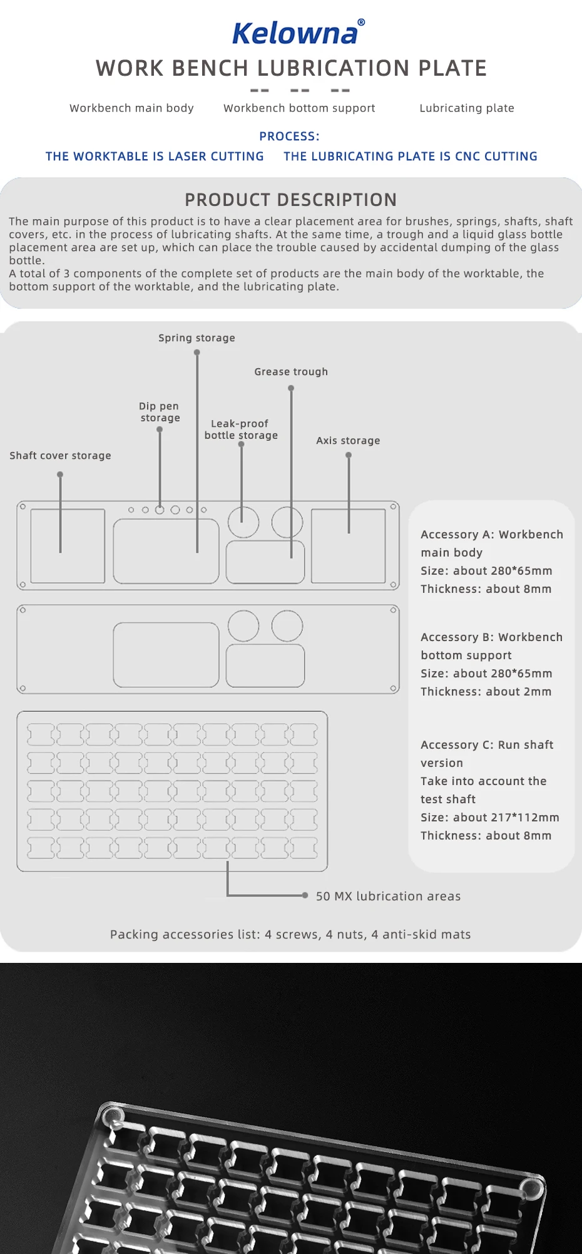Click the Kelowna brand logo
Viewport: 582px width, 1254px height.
click(295, 33)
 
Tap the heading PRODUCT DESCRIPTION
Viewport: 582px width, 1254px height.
click(291, 200)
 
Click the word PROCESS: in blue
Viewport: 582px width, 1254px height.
click(289, 136)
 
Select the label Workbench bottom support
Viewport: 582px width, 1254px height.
click(299, 108)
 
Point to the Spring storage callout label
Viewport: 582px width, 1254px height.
click(197, 338)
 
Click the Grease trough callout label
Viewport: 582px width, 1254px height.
click(291, 372)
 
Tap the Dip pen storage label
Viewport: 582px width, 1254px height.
click(160, 412)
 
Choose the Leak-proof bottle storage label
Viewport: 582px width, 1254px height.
click(241, 429)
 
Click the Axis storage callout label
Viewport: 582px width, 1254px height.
click(348, 441)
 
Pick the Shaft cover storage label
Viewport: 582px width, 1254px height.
click(60, 456)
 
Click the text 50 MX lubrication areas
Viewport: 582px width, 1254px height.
click(388, 897)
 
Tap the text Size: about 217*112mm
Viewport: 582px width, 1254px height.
click(489, 818)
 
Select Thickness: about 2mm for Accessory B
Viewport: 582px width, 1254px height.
click(486, 692)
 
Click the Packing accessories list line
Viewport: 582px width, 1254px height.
click(290, 935)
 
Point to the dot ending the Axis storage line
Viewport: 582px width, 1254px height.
click(349, 455)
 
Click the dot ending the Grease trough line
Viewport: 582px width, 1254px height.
click(291, 388)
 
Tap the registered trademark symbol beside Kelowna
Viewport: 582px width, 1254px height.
click(361, 23)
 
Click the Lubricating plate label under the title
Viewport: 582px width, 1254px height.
click(467, 108)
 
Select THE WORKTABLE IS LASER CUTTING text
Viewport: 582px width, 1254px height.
click(155, 157)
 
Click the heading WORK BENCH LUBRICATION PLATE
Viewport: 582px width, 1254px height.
click(291, 68)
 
